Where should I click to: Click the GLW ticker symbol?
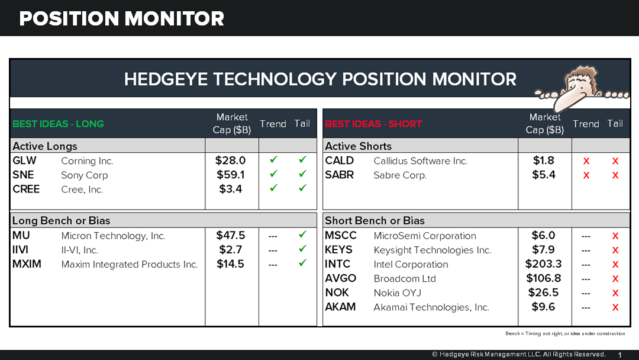[24, 160]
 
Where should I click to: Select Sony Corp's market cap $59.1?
[231, 175]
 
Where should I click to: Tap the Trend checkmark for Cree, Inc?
[273, 189]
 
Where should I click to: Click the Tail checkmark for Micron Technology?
[302, 235]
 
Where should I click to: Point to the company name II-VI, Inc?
[79, 250]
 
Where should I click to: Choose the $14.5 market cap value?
[231, 264]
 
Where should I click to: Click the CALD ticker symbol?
[340, 160]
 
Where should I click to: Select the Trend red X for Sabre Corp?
[586, 175]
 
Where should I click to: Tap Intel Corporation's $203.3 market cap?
[543, 264]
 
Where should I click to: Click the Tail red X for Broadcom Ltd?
[615, 279]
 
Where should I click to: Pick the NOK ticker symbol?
[337, 292]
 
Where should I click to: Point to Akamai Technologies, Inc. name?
[431, 307]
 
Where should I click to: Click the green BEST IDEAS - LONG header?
[58, 124]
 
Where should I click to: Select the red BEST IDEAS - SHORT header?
[373, 124]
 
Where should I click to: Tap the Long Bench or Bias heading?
[62, 220]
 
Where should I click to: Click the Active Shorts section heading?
[358, 146]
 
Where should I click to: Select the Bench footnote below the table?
[564, 333]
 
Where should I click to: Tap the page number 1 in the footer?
[619, 355]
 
